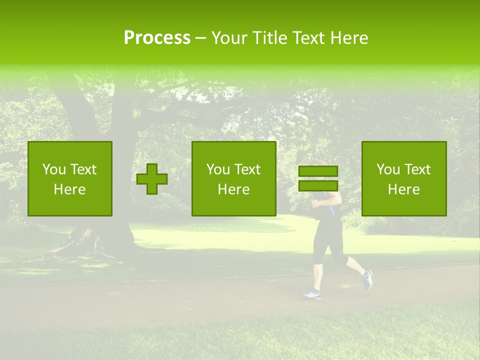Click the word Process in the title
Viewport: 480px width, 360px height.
coord(157,38)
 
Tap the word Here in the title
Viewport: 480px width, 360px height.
coord(348,38)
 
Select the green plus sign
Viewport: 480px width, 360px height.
coord(152,179)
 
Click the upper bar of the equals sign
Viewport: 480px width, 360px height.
coord(318,171)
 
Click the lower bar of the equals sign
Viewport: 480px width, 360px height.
coord(318,185)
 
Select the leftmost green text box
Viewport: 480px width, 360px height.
coord(70,178)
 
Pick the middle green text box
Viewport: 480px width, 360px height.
coord(233,178)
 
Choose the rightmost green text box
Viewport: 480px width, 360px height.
coord(403,178)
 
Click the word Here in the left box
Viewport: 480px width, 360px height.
coord(69,189)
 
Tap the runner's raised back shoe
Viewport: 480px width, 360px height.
coord(367,279)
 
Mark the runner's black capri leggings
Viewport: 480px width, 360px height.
coord(330,240)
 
